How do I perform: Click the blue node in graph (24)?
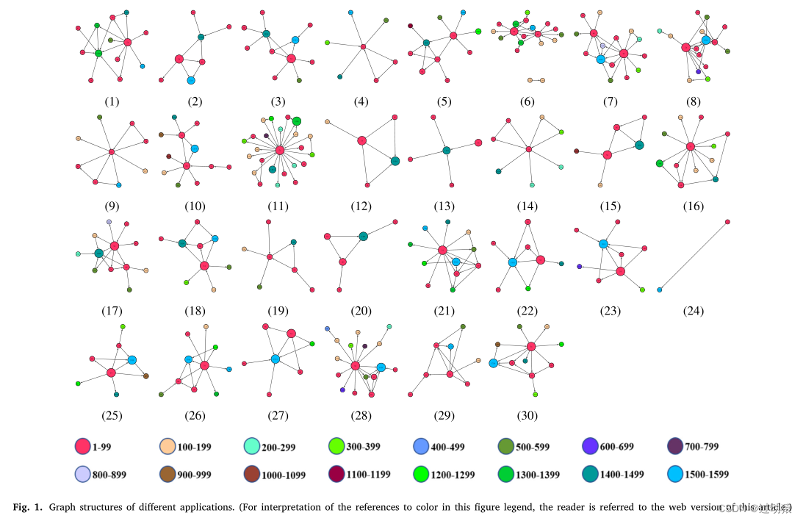pyautogui.click(x=659, y=290)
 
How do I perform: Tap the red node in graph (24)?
pyautogui.click(x=727, y=221)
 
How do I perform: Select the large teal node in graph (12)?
pyautogui.click(x=395, y=161)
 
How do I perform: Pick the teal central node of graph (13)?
pyautogui.click(x=446, y=151)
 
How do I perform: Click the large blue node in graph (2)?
pyautogui.click(x=191, y=80)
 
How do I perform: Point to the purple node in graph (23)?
pyautogui.click(x=579, y=267)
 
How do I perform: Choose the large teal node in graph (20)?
pyautogui.click(x=363, y=236)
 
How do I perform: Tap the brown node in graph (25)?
pyautogui.click(x=145, y=376)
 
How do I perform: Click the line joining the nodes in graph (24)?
pyautogui.click(x=693, y=256)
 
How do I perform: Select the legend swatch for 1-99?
pyautogui.click(x=82, y=446)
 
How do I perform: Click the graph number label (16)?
pyautogui.click(x=693, y=206)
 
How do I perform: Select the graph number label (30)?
pyautogui.click(x=527, y=416)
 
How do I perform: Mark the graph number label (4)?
pyautogui.click(x=361, y=102)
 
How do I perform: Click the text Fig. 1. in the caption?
pyautogui.click(x=28, y=507)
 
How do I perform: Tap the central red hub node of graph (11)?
pyautogui.click(x=280, y=150)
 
